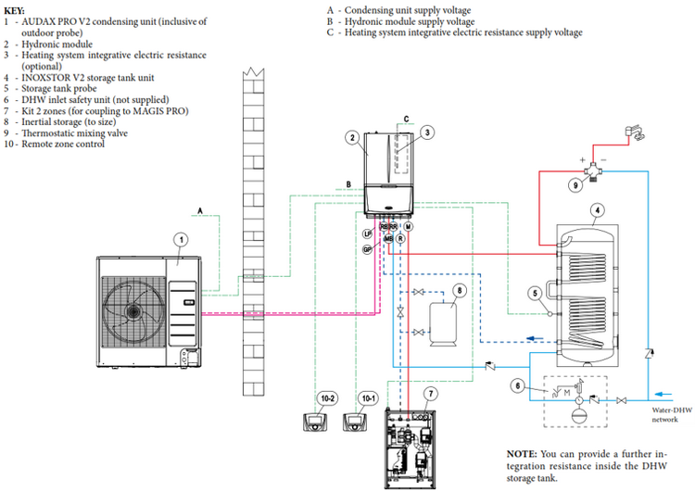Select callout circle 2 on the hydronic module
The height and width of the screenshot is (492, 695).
[x=352, y=138]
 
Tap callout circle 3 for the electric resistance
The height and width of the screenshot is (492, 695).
[x=427, y=132]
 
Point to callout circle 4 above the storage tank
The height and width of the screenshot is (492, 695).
[x=598, y=210]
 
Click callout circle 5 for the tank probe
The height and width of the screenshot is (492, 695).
[x=534, y=294]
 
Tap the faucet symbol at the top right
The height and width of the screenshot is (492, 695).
[x=638, y=136]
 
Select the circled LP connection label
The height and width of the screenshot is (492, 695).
[x=367, y=233]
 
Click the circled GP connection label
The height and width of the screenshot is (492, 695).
[x=367, y=250]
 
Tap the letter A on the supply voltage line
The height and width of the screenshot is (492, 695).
[x=199, y=210]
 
